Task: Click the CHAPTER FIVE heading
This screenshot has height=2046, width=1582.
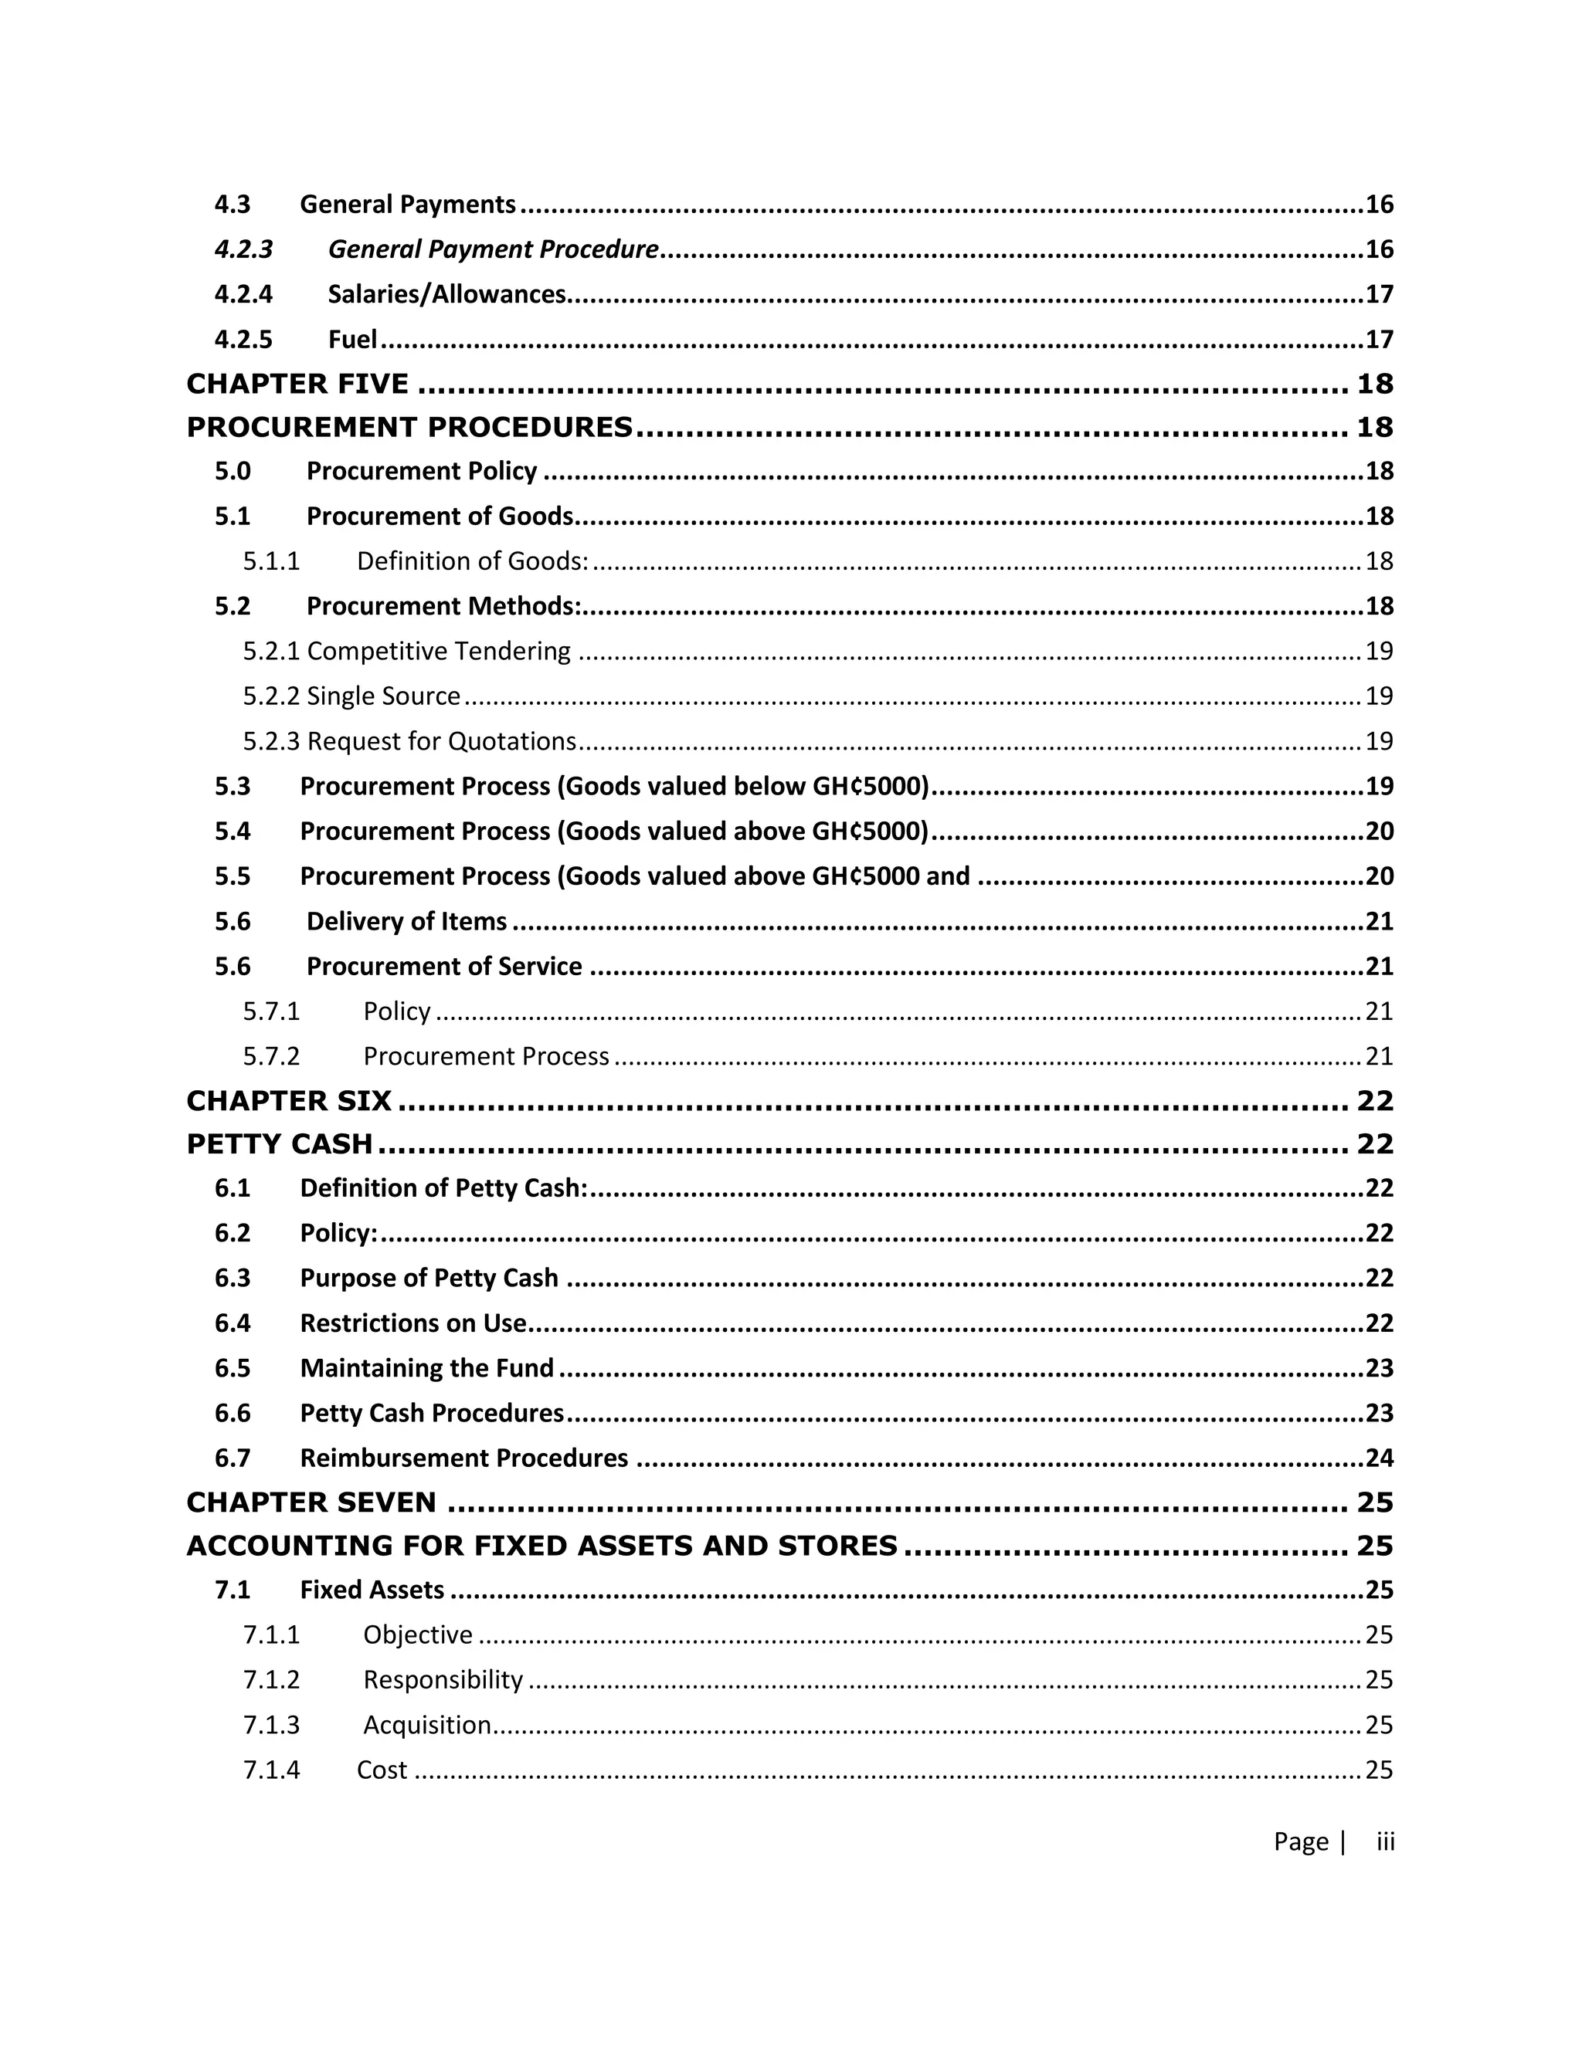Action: pos(297,383)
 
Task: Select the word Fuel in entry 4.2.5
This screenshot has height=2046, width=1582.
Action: pos(352,339)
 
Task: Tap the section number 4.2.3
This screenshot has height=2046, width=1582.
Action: pos(243,249)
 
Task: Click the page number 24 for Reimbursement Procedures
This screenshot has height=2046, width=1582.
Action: pos(1379,1458)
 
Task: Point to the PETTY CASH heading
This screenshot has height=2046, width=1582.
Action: pos(280,1144)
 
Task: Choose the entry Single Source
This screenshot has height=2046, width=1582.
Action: pos(383,696)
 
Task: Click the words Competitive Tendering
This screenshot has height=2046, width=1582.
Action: pos(438,651)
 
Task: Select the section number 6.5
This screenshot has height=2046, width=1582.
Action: pos(233,1368)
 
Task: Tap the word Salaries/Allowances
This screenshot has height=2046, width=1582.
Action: pos(446,294)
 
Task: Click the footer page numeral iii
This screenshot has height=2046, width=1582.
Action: pos(1385,1841)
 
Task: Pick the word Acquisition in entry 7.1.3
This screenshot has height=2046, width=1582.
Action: pos(426,1725)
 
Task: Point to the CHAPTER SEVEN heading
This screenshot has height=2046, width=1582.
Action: pos(311,1502)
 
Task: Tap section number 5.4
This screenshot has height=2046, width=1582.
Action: pos(233,831)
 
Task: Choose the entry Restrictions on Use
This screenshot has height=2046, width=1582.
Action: pos(412,1323)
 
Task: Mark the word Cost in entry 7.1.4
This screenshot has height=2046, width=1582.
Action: pos(382,1770)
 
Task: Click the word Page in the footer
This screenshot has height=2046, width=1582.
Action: pos(1300,1841)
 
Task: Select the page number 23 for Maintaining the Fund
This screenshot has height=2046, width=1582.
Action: pos(1379,1368)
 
